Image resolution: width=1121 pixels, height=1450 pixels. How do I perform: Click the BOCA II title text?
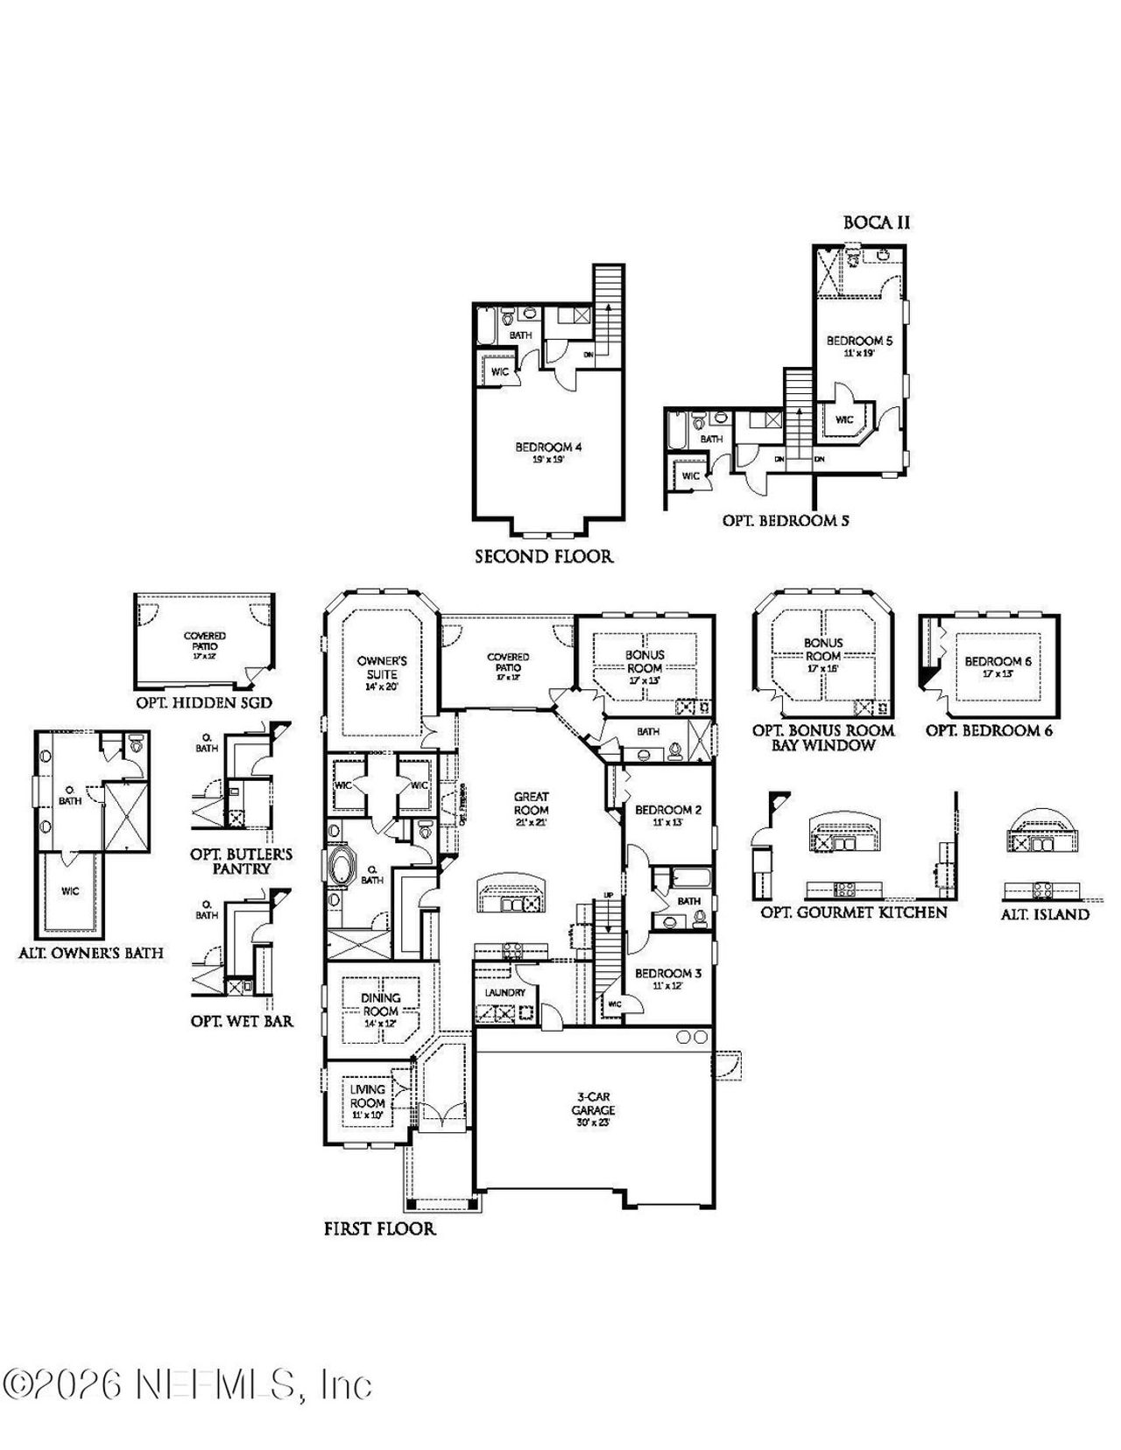pyautogui.click(x=877, y=222)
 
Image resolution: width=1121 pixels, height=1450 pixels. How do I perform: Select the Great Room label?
pyautogui.click(x=531, y=803)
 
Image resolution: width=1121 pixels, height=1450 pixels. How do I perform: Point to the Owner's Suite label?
pyautogui.click(x=382, y=667)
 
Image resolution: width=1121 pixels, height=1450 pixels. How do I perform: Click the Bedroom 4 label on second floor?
pyautogui.click(x=548, y=447)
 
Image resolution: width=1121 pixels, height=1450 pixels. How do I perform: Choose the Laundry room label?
pyautogui.click(x=505, y=992)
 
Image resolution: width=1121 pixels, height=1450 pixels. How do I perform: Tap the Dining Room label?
pyautogui.click(x=380, y=1003)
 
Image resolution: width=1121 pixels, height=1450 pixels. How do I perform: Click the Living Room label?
pyautogui.click(x=368, y=1096)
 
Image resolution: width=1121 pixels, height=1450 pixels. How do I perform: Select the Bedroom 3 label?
pyautogui.click(x=668, y=973)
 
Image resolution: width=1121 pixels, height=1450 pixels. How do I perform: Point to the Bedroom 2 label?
pyautogui.click(x=668, y=810)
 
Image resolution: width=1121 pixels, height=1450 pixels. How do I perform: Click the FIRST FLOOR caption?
pyautogui.click(x=379, y=1228)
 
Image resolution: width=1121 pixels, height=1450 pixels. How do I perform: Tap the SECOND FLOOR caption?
pyautogui.click(x=544, y=556)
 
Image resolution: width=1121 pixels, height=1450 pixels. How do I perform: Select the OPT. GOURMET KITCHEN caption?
pyautogui.click(x=854, y=912)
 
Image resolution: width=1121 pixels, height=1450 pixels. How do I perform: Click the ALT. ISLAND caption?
pyautogui.click(x=1045, y=914)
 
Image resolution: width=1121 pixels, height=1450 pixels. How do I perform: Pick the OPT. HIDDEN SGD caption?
pyautogui.click(x=204, y=702)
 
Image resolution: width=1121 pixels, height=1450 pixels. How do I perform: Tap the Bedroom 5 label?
pyautogui.click(x=859, y=341)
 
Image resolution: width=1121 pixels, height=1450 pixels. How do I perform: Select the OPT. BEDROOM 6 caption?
pyautogui.click(x=989, y=730)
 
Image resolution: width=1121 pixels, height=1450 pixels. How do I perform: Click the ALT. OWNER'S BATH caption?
pyautogui.click(x=91, y=953)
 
